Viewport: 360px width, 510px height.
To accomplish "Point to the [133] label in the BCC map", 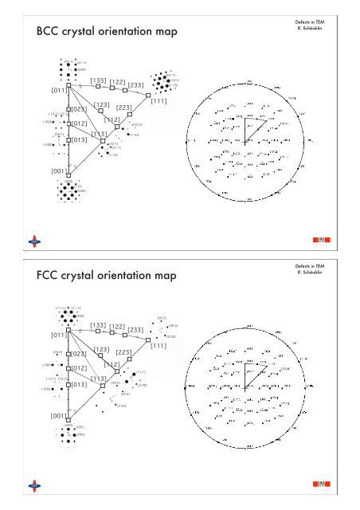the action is click(100, 80).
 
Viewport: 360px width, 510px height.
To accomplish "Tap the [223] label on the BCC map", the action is click(123, 108).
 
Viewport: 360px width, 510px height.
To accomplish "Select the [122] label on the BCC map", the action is click(118, 81).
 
